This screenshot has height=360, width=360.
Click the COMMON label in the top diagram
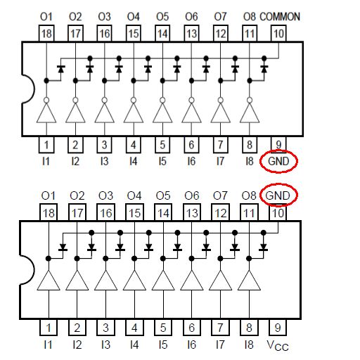[x=280, y=17]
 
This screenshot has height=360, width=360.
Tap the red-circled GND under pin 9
[x=278, y=161]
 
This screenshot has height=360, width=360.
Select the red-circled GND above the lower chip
[x=278, y=195]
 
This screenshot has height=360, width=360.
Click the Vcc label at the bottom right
[x=278, y=345]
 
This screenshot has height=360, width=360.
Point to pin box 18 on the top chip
[x=46, y=33]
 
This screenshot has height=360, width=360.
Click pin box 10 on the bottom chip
[x=278, y=212]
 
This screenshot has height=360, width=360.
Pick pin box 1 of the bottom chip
[x=49, y=328]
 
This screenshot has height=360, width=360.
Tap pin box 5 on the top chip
[x=162, y=145]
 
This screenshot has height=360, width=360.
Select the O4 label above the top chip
[x=134, y=17]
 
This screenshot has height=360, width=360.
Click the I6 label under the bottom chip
[x=191, y=345]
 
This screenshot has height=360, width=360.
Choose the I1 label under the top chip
[x=46, y=161]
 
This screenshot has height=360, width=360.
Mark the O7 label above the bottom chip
[x=220, y=195]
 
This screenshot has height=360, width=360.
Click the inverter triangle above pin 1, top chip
[x=46, y=113]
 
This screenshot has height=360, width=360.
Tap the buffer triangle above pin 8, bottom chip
[x=249, y=281]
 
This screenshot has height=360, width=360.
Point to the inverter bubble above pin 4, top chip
[x=134, y=101]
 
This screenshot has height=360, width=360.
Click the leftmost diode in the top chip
[x=61, y=69]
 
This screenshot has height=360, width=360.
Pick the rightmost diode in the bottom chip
[x=264, y=247]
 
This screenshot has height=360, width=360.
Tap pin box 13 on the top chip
[x=191, y=33]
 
